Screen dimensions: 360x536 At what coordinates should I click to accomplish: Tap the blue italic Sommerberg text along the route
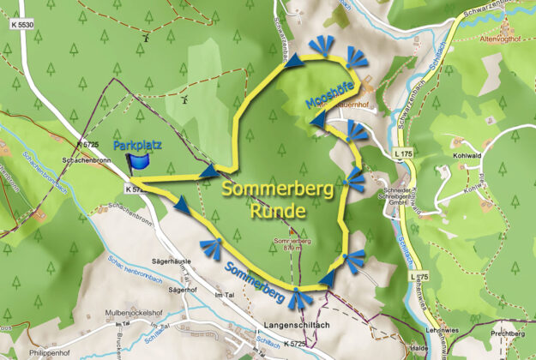pyautogui.click(x=256, y=282)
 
